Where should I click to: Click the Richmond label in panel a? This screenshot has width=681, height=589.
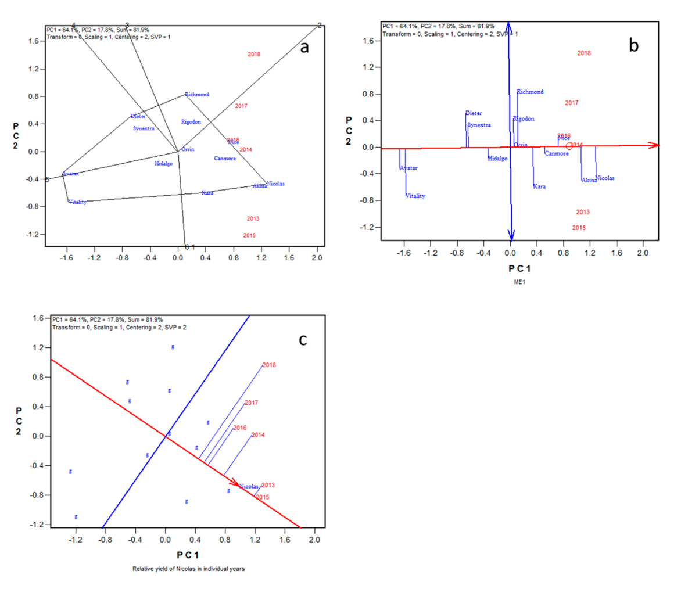pyautogui.click(x=197, y=94)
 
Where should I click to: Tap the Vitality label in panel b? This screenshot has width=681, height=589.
pyautogui.click(x=415, y=196)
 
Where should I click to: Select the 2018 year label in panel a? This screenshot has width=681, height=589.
pyautogui.click(x=254, y=55)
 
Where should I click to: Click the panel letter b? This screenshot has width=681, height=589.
pyautogui.click(x=633, y=46)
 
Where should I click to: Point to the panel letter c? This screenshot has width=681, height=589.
pyautogui.click(x=303, y=339)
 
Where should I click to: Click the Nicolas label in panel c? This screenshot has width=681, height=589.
pyautogui.click(x=249, y=486)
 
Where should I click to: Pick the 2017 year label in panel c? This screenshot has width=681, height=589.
pyautogui.click(x=252, y=403)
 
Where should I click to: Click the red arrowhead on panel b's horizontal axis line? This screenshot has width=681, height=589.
pyautogui.click(x=655, y=145)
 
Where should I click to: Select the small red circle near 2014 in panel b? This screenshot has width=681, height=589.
pyautogui.click(x=569, y=146)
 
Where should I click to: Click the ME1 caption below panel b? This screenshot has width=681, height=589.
pyautogui.click(x=511, y=283)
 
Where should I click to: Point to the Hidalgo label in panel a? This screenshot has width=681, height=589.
pyautogui.click(x=164, y=163)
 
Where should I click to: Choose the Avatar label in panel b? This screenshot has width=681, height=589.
pyautogui.click(x=409, y=168)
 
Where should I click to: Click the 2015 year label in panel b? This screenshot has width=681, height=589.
pyautogui.click(x=579, y=228)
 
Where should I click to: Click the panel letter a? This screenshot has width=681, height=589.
pyautogui.click(x=304, y=48)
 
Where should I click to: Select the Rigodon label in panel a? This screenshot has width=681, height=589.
pyautogui.click(x=191, y=122)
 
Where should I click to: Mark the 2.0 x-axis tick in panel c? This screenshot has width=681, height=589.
pyautogui.click(x=314, y=540)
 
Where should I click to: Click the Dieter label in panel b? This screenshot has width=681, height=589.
pyautogui.click(x=474, y=113)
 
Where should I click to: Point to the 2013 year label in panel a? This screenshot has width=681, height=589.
pyautogui.click(x=252, y=219)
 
